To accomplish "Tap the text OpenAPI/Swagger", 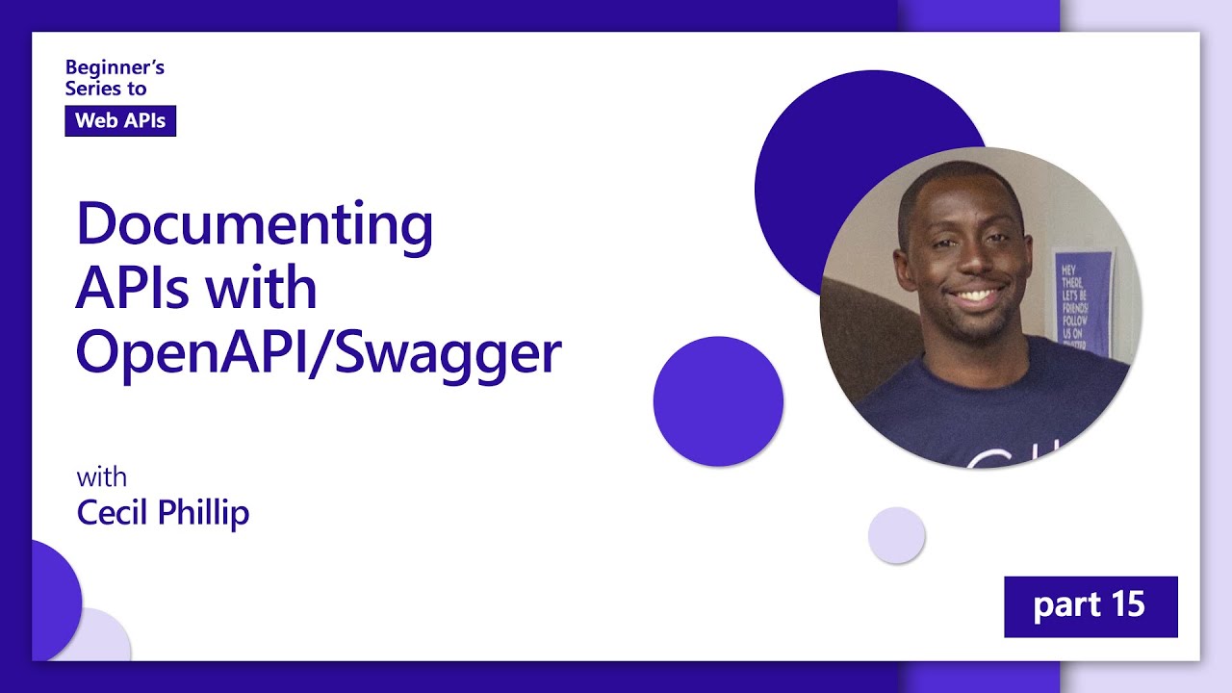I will tap(318, 353).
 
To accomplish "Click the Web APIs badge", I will tap(120, 120).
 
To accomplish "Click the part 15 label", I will tap(1090, 605).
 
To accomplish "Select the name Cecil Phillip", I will tap(163, 513).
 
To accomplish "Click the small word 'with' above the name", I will tap(101, 477).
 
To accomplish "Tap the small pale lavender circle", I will tap(896, 535).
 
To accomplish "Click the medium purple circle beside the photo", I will tap(718, 401).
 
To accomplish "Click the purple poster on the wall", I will tap(1084, 298).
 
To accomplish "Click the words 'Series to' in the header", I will tap(106, 89).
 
